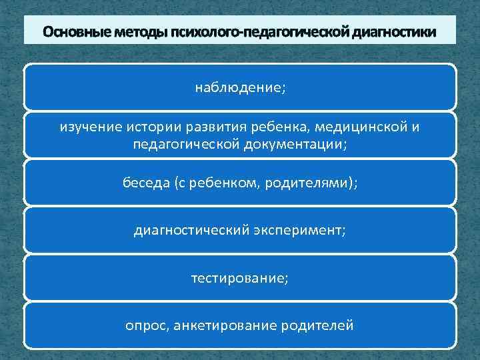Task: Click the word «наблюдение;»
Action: tap(240, 87)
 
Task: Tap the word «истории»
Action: tap(145, 127)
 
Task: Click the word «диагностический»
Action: tap(191, 231)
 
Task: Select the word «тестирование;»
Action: tap(240, 278)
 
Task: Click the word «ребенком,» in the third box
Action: tap(230, 183)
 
